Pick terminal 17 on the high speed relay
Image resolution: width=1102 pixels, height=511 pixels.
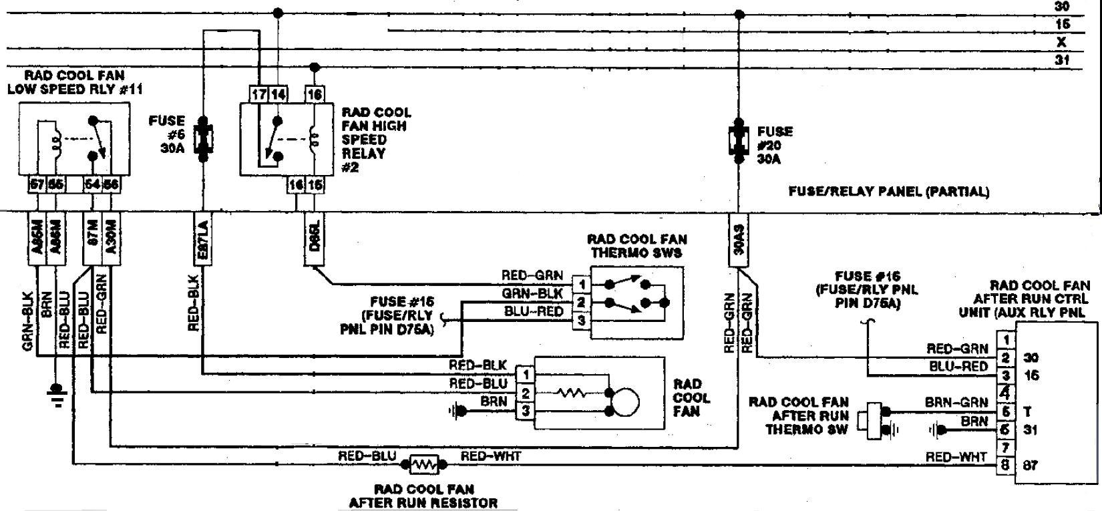pyautogui.click(x=259, y=95)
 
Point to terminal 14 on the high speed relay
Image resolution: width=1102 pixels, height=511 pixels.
pyautogui.click(x=277, y=95)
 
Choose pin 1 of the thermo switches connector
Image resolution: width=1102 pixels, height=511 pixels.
pyautogui.click(x=582, y=285)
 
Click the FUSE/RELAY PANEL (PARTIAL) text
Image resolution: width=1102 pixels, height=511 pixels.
pyautogui.click(x=888, y=192)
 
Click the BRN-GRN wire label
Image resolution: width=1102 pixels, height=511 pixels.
pyautogui.click(x=956, y=403)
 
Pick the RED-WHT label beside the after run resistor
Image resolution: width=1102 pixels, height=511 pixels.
pyautogui.click(x=491, y=456)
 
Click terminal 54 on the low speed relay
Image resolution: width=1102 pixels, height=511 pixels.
pyautogui.click(x=94, y=184)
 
